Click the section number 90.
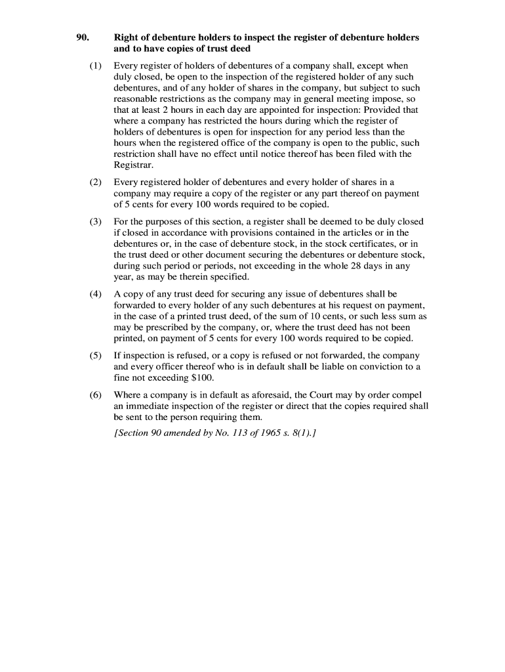tap(82, 37)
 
